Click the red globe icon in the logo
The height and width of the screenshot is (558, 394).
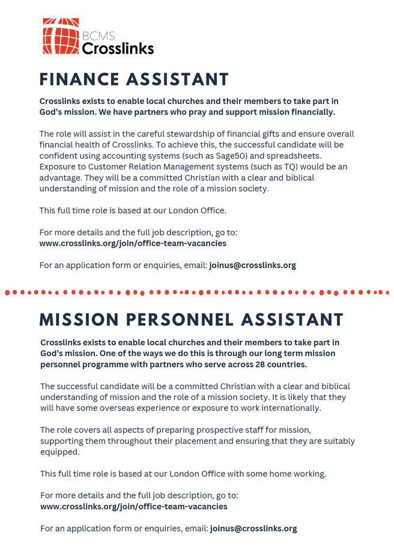(61, 36)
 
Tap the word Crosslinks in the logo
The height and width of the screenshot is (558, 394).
(118, 48)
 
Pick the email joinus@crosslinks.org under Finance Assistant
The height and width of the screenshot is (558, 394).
(252, 265)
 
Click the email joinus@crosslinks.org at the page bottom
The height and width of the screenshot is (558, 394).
(253, 529)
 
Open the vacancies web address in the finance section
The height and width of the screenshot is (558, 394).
(133, 243)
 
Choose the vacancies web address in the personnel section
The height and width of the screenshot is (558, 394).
(134, 506)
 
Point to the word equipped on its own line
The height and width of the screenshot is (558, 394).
(60, 452)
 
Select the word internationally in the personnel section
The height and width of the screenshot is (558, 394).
(289, 408)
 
